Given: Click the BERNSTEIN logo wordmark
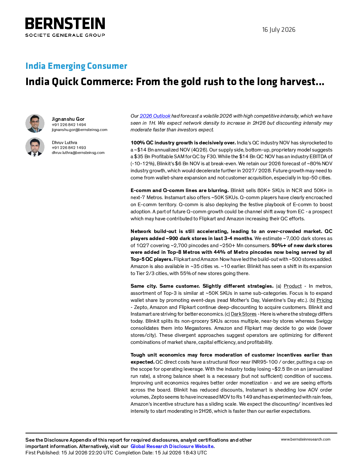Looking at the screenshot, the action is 65,23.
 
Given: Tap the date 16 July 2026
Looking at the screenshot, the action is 278,30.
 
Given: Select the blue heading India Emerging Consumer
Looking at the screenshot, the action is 76,66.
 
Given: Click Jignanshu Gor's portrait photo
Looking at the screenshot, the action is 35,123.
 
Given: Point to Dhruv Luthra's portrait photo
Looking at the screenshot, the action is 35,147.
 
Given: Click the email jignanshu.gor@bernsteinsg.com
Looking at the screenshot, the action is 79,130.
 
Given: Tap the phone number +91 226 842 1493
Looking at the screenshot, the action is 69,148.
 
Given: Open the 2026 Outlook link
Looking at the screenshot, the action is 155,116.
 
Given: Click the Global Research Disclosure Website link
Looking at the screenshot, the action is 172,446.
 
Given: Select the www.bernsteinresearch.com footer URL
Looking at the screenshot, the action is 306,440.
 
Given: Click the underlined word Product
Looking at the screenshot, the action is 293,286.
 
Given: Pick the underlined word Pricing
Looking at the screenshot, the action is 324,300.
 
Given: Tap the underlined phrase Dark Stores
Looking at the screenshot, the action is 244,314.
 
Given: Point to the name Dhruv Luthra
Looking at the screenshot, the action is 65,143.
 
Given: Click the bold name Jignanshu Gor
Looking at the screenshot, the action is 68,119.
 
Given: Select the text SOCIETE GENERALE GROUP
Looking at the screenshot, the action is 65,35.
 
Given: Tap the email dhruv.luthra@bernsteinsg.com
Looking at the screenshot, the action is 78,153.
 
